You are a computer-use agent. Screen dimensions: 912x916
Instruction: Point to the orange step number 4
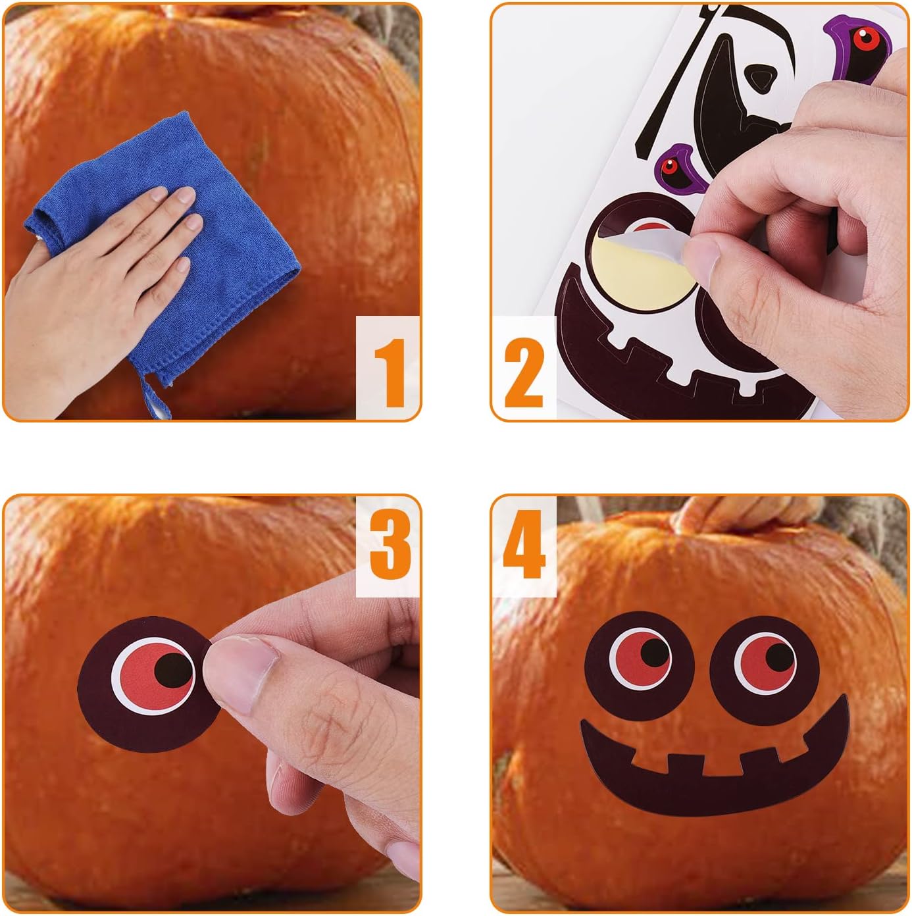[524, 544]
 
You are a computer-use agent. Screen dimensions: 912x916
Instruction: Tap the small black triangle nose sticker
[761, 77]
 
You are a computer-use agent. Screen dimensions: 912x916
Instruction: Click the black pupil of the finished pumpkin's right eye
[780, 657]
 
